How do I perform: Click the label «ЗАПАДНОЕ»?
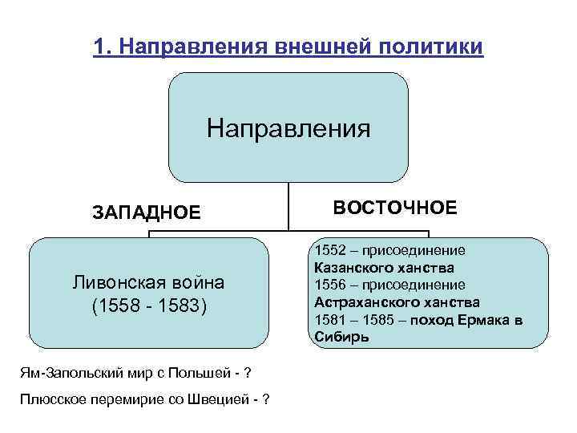click(147, 212)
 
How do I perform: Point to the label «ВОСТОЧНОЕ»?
click(395, 208)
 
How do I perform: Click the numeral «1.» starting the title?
click(101, 47)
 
